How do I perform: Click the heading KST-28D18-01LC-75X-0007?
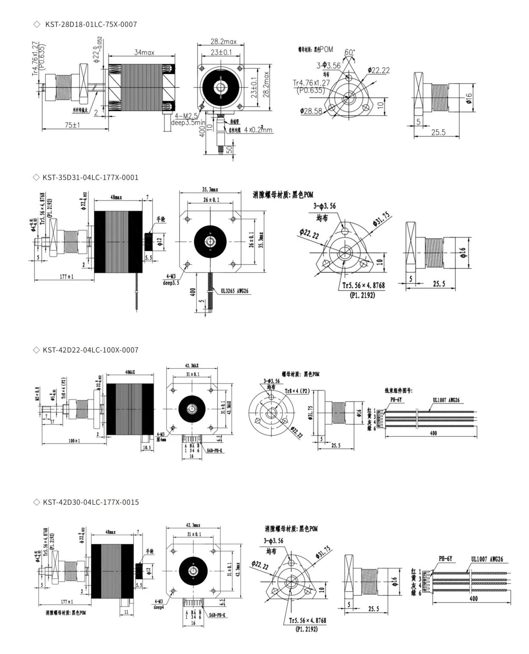click(x=91, y=25)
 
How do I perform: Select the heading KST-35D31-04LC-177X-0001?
click(x=90, y=177)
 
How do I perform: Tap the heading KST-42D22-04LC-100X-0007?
click(x=90, y=350)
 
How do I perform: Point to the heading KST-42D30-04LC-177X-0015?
click(x=91, y=502)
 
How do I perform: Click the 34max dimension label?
click(x=144, y=52)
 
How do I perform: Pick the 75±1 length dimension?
click(x=72, y=125)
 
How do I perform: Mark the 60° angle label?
click(x=349, y=52)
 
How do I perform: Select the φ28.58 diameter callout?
click(x=311, y=111)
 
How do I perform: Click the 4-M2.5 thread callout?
click(x=187, y=115)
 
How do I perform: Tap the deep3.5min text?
click(x=188, y=123)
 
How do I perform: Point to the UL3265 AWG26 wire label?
click(x=235, y=291)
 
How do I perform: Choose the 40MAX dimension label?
click(x=130, y=372)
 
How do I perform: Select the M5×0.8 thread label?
click(x=37, y=394)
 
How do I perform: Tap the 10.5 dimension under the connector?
click(x=147, y=447)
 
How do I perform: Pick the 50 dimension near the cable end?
click(x=229, y=150)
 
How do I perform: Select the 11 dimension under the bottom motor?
click(x=126, y=612)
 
